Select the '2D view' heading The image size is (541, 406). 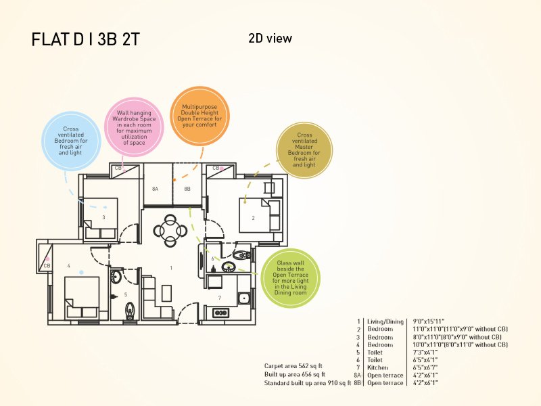pos(270,39)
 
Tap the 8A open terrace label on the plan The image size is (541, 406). pos(155,189)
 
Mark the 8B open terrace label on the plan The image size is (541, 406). pos(187,189)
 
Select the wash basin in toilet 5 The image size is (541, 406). pos(117,276)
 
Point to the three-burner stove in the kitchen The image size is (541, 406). pos(220,312)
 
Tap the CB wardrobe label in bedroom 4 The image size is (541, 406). pos(47,266)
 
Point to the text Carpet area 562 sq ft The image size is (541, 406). pos(294,366)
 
